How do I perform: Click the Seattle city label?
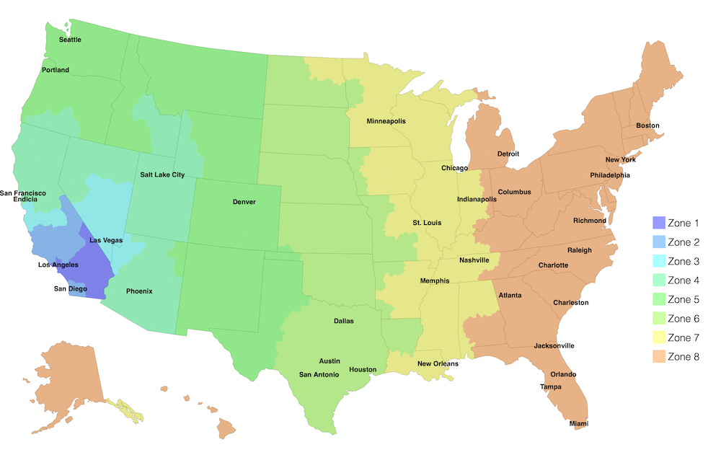70,40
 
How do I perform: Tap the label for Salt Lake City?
162,174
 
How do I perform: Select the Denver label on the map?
244,202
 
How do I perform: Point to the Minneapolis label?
386,121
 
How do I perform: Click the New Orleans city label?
438,363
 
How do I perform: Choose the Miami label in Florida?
579,423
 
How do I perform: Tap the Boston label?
647,125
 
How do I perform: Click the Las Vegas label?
106,239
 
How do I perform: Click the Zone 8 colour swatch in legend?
658,356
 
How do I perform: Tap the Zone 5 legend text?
683,299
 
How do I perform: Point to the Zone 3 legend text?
683,261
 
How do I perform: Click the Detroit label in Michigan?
509,154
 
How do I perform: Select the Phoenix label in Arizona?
139,291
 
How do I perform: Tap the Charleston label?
571,303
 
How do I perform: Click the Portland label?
56,70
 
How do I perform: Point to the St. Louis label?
427,223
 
